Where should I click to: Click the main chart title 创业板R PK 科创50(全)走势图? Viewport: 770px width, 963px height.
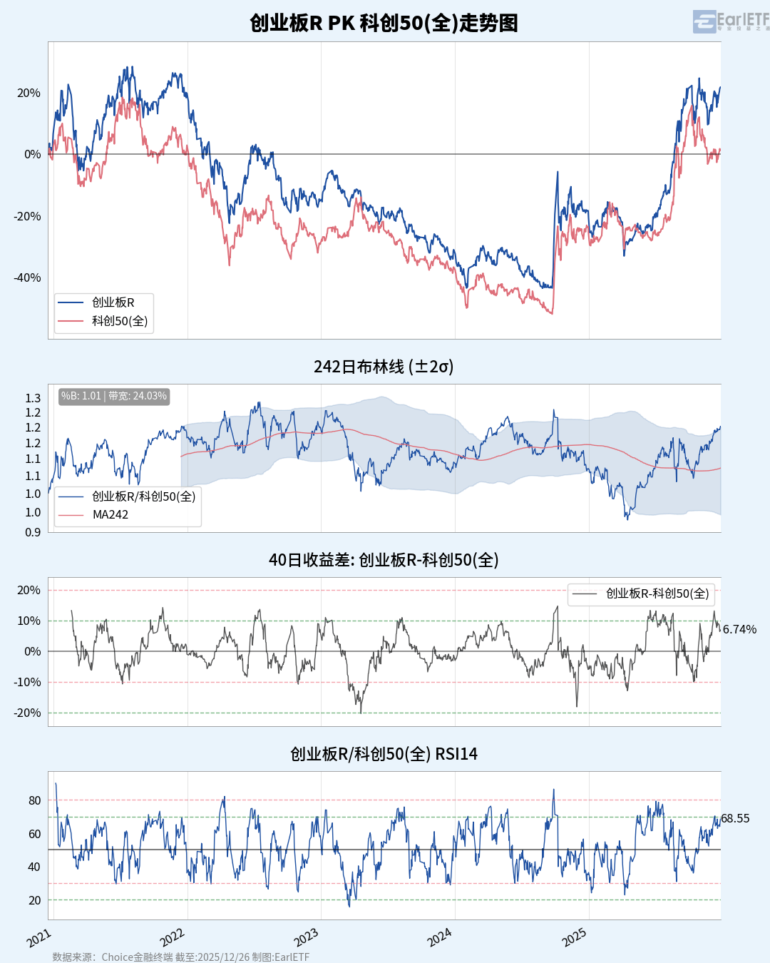click(384, 23)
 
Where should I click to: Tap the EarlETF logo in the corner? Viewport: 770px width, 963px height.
click(731, 21)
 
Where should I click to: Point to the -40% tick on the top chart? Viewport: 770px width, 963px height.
click(28, 278)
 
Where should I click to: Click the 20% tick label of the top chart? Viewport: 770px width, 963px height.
click(29, 93)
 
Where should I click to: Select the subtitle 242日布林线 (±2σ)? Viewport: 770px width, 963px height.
click(384, 367)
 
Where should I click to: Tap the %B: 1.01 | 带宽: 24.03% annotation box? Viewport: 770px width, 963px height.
click(114, 396)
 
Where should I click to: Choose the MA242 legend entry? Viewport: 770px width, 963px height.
click(111, 515)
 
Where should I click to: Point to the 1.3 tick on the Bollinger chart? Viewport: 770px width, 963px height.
click(33, 398)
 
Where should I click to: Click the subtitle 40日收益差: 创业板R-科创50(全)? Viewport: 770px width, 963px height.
click(384, 560)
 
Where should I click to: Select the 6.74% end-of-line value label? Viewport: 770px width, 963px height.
click(739, 629)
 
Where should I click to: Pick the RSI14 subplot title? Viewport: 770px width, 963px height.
click(384, 754)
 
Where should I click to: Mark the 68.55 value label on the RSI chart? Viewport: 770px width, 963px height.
click(735, 819)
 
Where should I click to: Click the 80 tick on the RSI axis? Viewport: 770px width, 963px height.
click(34, 800)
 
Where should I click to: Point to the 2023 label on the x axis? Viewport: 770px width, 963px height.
click(306, 937)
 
